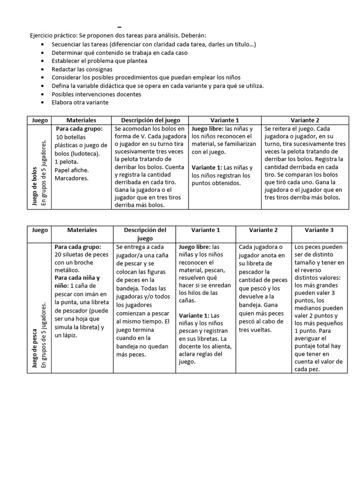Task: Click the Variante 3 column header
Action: pyautogui.click(x=319, y=230)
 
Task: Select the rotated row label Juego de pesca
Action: pyautogui.click(x=34, y=342)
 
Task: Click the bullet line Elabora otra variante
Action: pyautogui.click(x=80, y=102)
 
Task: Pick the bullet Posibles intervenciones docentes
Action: pyautogui.click(x=96, y=94)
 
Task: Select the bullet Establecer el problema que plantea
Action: pyautogui.click(x=99, y=61)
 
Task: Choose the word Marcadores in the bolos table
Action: pyautogui.click(x=71, y=178)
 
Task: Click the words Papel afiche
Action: pyautogui.click(x=72, y=170)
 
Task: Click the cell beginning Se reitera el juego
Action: pyautogui.click(x=304, y=162)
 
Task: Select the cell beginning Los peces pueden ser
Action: pyautogui.click(x=319, y=308)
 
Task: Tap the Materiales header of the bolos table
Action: pyautogui.click(x=81, y=120)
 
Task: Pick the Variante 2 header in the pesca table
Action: pyautogui.click(x=263, y=230)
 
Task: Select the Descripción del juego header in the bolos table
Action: pyautogui.click(x=150, y=120)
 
